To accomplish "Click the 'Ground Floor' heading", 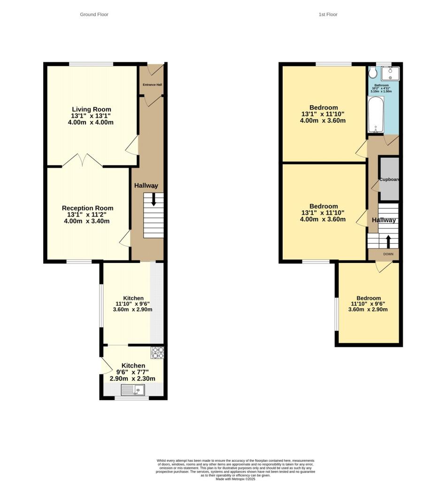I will [94, 15].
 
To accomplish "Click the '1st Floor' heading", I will [328, 15].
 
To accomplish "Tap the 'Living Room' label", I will [91, 109].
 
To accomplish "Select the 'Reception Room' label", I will [87, 208].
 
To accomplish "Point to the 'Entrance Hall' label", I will [152, 85].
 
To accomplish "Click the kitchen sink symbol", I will [133, 389].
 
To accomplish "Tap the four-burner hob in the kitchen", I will [157, 352].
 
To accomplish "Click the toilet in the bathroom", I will [373, 73].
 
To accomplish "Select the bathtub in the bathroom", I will [376, 115].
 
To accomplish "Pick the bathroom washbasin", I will [390, 74].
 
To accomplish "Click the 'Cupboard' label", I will [389, 179].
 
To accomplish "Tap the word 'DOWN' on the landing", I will [388, 254].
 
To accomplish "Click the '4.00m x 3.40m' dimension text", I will [87, 221].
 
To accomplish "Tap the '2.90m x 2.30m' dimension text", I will [133, 378].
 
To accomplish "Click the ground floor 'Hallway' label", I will [146, 186].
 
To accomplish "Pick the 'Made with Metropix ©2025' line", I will [236, 479].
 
